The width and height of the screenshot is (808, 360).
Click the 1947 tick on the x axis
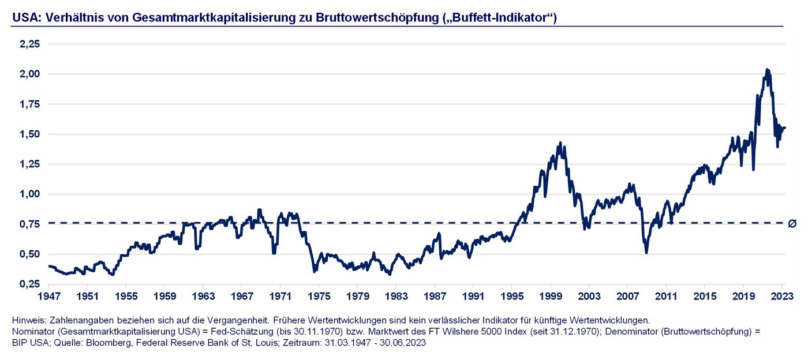point(48,296)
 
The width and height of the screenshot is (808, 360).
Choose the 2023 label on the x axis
point(782,296)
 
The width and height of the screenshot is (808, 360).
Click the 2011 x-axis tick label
point(666,296)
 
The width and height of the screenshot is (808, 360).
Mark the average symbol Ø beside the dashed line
point(792,223)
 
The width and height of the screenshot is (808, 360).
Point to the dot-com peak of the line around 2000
point(559,142)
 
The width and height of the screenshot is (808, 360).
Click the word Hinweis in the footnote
point(28,320)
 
